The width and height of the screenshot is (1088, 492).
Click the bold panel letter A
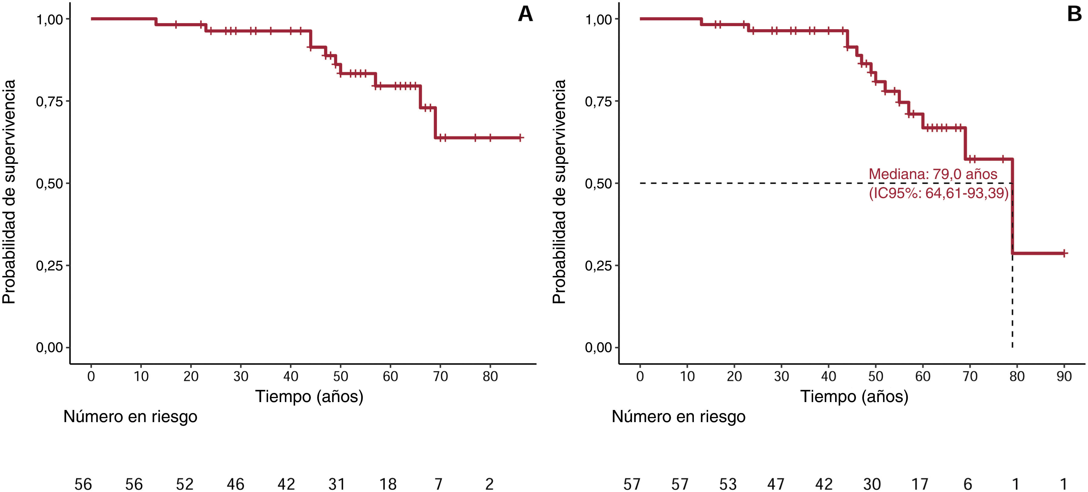(x=525, y=14)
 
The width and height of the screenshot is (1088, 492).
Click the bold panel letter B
(x=1074, y=14)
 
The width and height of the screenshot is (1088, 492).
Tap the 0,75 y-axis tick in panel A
(x=49, y=101)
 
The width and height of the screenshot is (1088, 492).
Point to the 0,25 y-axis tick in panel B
(x=599, y=265)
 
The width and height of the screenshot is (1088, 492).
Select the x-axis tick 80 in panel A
(x=490, y=376)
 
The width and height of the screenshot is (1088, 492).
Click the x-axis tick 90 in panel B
(x=1064, y=376)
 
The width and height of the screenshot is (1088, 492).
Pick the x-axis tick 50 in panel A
(x=340, y=376)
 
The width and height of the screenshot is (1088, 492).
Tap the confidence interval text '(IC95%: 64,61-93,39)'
(x=939, y=193)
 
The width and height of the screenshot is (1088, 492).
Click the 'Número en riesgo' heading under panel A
(x=130, y=417)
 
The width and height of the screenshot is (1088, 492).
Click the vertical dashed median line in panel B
(x=1012, y=265)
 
